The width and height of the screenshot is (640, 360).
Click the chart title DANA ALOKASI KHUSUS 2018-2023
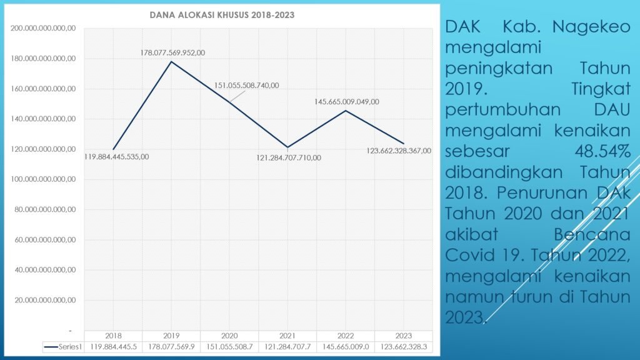(x=222, y=14)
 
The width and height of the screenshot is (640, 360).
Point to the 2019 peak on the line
(x=171, y=61)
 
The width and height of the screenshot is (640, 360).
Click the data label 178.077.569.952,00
(x=172, y=52)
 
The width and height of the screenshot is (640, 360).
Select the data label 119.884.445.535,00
(x=116, y=157)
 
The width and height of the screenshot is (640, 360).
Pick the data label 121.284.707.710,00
(x=289, y=157)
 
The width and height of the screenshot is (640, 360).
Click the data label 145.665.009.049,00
(x=347, y=101)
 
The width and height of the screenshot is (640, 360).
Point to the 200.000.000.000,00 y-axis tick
(x=43, y=28)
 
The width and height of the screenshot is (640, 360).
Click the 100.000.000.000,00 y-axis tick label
(x=43, y=179)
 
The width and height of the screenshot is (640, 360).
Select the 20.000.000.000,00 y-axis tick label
(x=43, y=300)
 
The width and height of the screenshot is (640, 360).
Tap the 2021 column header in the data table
(x=287, y=336)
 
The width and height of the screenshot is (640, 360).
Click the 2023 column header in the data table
(x=404, y=336)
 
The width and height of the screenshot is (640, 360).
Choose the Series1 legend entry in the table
(x=62, y=346)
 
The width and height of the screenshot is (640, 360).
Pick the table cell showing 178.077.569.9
(x=171, y=346)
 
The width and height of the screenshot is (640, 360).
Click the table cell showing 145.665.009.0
(x=346, y=346)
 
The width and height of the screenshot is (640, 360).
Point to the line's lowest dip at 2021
(x=287, y=147)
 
